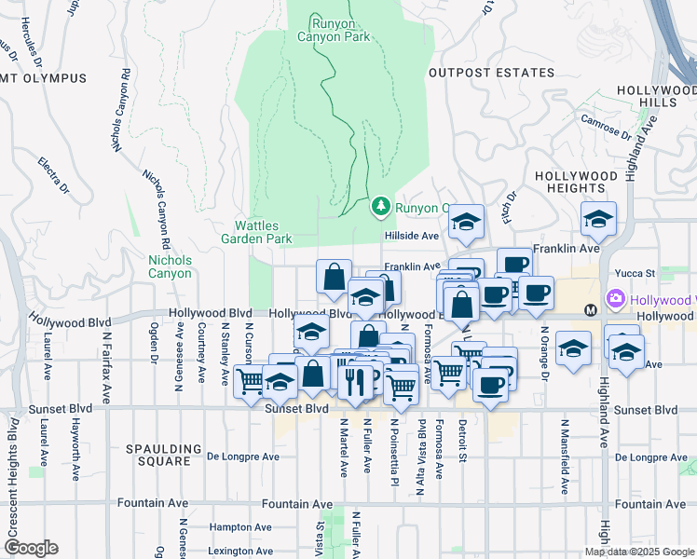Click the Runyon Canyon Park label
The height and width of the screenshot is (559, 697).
coord(334,29)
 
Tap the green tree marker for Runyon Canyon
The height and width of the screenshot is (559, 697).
coord(380,207)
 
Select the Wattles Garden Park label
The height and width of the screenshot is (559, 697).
coord(264,232)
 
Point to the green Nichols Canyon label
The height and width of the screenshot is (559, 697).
coord(170,266)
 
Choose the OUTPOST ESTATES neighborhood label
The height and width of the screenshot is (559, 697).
coord(484,72)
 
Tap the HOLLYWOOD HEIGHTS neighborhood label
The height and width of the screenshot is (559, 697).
coord(575,182)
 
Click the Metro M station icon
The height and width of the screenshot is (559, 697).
coord(589,309)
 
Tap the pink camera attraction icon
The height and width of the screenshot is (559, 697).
coord(615,300)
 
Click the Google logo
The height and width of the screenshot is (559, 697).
coord(31,548)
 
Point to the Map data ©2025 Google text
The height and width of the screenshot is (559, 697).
coord(639,552)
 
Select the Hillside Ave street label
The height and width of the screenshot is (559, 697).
coord(411,237)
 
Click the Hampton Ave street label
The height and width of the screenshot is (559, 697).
coord(243,526)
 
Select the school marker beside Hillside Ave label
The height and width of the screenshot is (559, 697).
coord(466,222)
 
